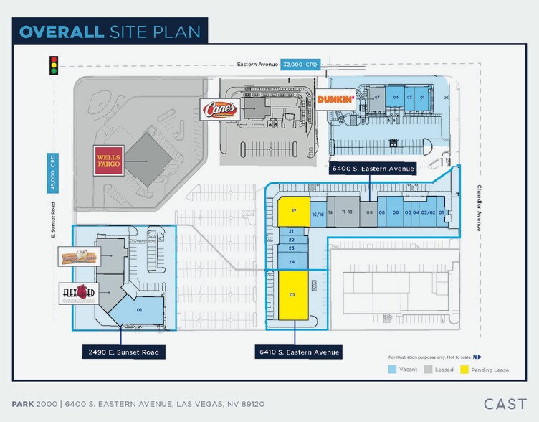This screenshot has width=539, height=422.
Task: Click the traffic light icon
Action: [x=53, y=65]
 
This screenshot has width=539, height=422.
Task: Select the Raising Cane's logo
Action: [x=218, y=110]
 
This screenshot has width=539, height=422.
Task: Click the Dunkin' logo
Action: [x=336, y=100]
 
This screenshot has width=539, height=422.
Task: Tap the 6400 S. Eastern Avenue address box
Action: [x=373, y=169]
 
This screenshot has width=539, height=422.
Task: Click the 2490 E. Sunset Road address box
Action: [x=121, y=352]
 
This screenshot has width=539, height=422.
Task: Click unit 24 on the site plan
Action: [x=292, y=262]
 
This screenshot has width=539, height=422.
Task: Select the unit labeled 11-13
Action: [x=347, y=212]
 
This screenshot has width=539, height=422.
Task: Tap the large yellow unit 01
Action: [x=292, y=295]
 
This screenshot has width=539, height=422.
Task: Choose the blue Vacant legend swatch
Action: [x=392, y=370]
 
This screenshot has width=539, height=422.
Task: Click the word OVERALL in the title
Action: [x=62, y=32]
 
